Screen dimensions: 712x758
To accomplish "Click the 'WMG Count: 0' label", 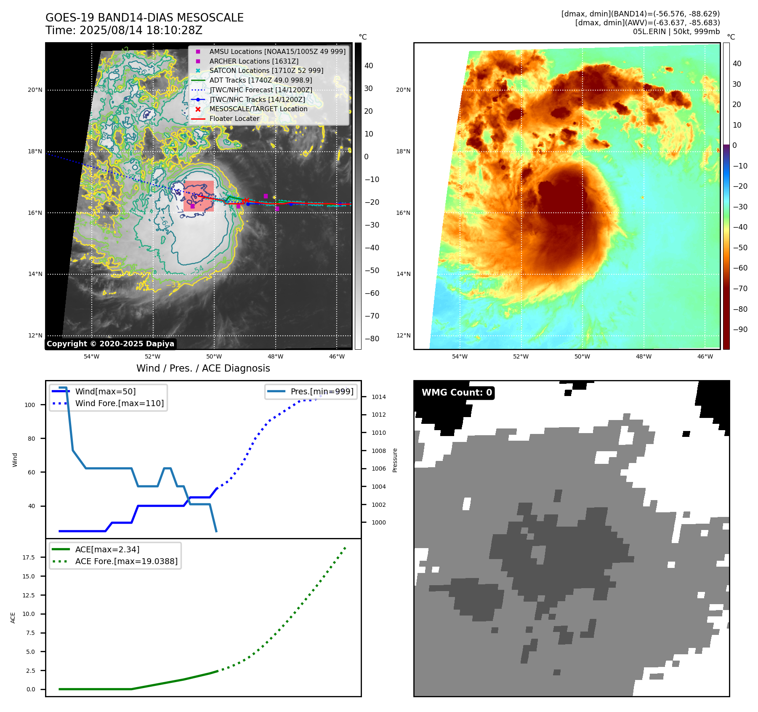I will tap(457, 393).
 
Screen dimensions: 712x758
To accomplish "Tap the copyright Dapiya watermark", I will tap(110, 344).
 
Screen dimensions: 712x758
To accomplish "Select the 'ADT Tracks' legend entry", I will tap(261, 80).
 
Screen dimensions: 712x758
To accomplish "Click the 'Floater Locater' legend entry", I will tap(234, 119).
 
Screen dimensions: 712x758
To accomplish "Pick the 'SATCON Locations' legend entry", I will tap(266, 70).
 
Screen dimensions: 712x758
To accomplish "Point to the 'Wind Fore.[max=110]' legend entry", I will tap(119, 403).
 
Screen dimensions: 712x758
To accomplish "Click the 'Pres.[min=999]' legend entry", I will tap(322, 391).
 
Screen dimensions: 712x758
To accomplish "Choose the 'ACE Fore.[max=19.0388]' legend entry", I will tap(126, 561).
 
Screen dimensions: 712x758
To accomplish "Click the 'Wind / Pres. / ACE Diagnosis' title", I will tap(203, 368).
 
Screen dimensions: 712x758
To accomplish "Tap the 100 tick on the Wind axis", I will tap(30, 405).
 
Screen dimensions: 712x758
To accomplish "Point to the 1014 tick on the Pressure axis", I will tap(379, 397).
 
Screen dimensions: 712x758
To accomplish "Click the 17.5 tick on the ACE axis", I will tap(29, 557).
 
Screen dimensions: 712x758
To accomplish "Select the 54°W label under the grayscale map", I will tap(91, 356).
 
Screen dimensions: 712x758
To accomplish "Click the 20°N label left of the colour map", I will tap(403, 90).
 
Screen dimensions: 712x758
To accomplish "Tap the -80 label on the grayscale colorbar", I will tap(372, 339).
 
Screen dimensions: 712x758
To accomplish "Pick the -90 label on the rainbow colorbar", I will tap(740, 329).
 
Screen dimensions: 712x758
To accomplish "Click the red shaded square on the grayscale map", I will tap(199, 196).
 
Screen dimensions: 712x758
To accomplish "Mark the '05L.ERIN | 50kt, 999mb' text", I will tap(676, 32).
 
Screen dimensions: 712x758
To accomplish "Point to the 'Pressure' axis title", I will tap(395, 460).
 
